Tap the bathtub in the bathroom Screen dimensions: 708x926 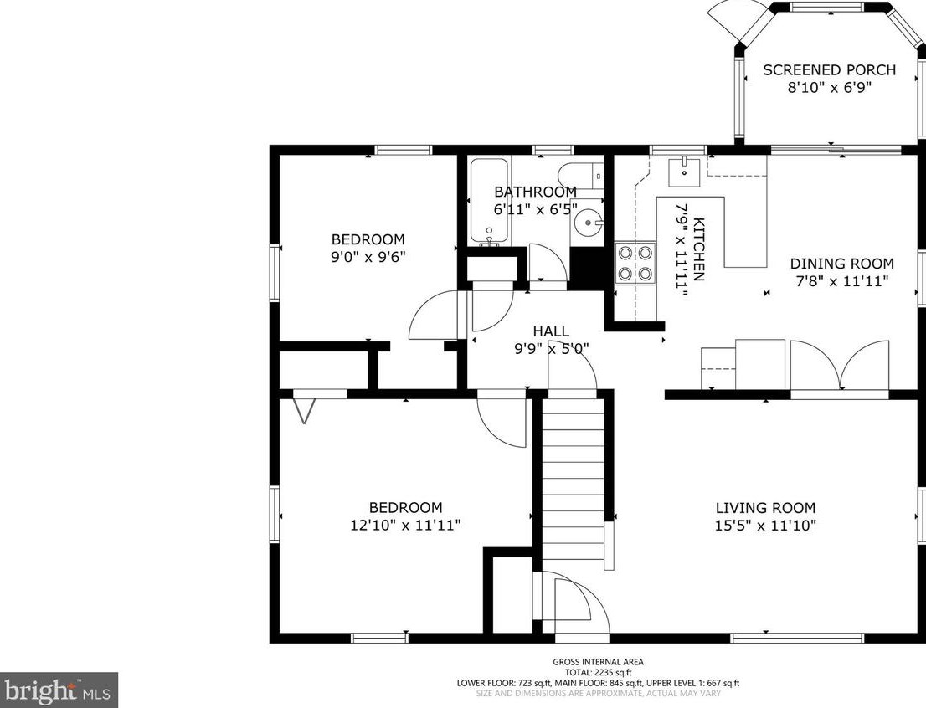tap(488, 202)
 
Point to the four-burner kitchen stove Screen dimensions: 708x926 tap(635, 262)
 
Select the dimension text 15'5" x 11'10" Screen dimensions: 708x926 tap(765, 526)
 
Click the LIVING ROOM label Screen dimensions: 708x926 tap(765, 507)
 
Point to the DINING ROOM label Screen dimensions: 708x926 tap(841, 264)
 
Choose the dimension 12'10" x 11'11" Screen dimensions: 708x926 tap(405, 526)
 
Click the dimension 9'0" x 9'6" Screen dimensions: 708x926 tap(368, 257)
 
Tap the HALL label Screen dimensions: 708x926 tap(550, 331)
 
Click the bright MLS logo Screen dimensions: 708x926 tap(59, 690)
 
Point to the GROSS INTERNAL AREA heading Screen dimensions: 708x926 tap(598, 662)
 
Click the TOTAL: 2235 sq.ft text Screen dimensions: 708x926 tap(598, 672)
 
